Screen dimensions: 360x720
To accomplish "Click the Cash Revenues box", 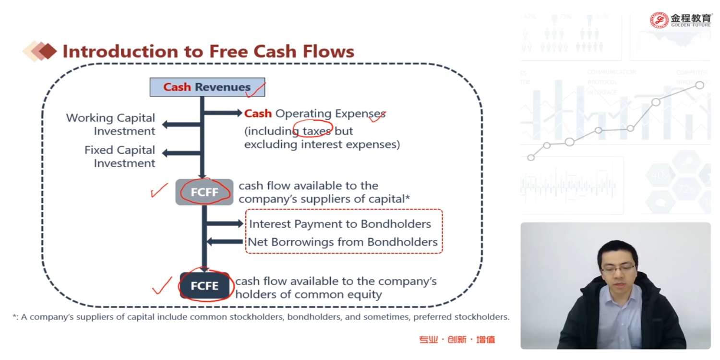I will tap(207, 87).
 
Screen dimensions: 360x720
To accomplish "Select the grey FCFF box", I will tap(204, 192).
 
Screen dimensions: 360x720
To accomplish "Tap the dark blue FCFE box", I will tap(204, 286).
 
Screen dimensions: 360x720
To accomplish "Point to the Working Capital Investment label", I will tap(111, 124).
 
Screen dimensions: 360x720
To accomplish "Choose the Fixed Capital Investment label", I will tap(120, 156).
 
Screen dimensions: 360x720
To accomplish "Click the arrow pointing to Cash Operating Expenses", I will tap(223, 113).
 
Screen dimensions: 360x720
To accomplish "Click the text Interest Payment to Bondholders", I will tap(340, 224).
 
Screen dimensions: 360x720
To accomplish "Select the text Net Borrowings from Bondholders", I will tap(342, 242).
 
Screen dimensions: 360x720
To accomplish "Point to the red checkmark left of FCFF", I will tap(159, 191).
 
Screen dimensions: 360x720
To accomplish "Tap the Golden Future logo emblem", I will tap(659, 20).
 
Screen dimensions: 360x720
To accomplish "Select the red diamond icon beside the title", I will tap(47, 51).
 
